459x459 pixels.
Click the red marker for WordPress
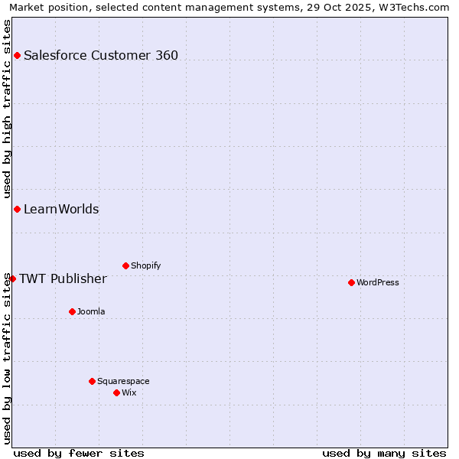click(351, 282)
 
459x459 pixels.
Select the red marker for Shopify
click(125, 265)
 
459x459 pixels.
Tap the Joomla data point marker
click(72, 311)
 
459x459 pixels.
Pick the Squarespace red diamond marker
click(92, 381)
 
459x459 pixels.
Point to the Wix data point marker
click(116, 392)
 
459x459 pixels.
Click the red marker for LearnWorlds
click(17, 209)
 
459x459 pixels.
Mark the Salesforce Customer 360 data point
click(17, 55)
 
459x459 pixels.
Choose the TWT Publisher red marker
click(12, 278)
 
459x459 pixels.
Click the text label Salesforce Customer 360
click(101, 55)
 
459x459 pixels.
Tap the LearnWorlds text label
click(61, 209)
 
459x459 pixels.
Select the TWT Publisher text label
click(63, 278)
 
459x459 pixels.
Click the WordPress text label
click(378, 282)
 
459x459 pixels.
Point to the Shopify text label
click(145, 265)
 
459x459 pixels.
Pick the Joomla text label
click(91, 311)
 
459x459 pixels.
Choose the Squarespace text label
click(123, 381)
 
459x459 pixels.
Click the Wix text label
click(129, 392)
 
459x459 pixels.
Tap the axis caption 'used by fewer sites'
click(79, 453)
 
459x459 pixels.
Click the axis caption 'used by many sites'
click(384, 453)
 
